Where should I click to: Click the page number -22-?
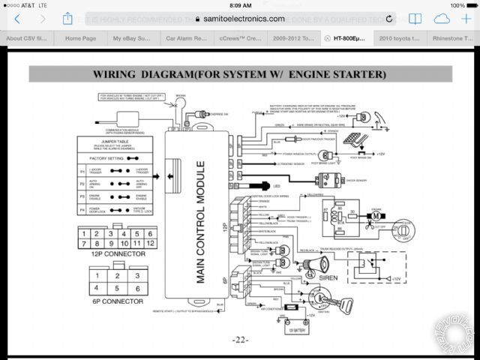click(239, 339)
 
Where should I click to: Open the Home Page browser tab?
click(80, 37)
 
